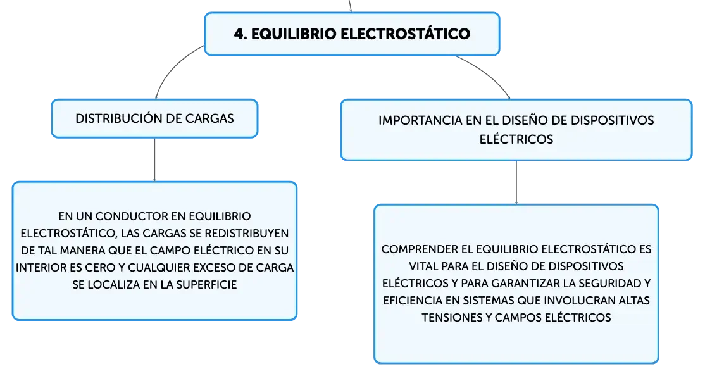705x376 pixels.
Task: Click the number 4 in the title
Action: click(240, 34)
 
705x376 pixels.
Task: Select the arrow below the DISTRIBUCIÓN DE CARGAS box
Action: click(154, 160)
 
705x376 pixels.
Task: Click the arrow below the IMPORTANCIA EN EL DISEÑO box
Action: click(516, 182)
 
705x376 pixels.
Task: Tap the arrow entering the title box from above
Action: click(350, 6)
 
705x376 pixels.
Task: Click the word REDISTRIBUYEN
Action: click(246, 234)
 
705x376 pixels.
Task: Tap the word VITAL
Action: click(423, 266)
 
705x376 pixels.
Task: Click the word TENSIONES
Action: click(452, 318)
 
